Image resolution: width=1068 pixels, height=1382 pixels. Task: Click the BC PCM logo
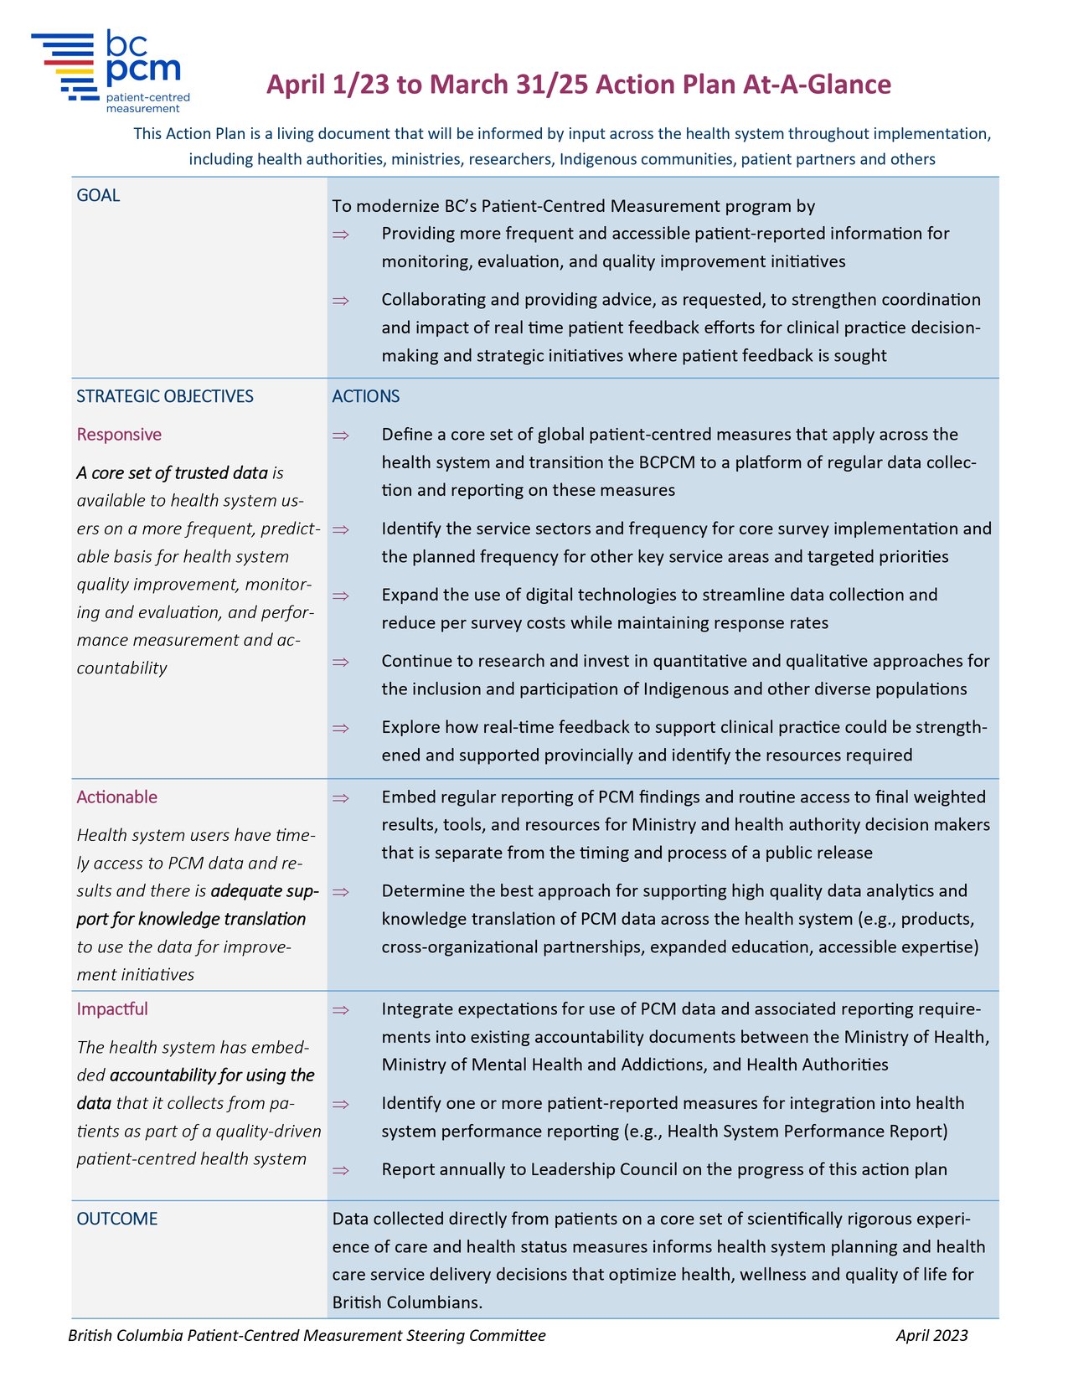click(111, 72)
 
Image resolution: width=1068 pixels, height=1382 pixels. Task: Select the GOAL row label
click(98, 195)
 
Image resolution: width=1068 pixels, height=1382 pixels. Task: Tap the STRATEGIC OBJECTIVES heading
click(165, 396)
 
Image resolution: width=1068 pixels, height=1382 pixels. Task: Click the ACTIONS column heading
click(365, 396)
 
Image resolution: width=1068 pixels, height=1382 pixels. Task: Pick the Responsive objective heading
click(119, 435)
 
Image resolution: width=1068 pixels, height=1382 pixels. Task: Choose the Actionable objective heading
click(116, 797)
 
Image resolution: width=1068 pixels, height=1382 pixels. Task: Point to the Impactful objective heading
click(112, 1009)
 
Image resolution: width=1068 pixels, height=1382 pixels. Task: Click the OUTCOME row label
click(116, 1219)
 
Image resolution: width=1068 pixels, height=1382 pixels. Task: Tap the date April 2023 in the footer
click(931, 1336)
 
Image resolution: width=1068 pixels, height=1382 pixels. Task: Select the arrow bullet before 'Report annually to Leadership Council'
click(340, 1171)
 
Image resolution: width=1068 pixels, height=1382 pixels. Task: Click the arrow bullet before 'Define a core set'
click(340, 436)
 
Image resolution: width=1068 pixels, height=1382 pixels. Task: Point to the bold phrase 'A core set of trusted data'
click(172, 473)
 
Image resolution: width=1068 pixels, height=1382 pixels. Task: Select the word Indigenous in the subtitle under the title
click(598, 159)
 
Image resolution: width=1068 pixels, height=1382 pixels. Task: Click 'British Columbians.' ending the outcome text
click(407, 1302)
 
